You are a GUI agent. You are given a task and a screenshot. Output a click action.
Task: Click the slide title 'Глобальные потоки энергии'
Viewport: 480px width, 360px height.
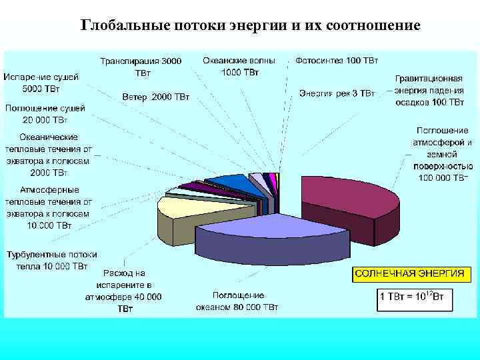coord(250,26)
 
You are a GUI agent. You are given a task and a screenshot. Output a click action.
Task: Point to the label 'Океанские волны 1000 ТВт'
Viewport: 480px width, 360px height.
coord(241,65)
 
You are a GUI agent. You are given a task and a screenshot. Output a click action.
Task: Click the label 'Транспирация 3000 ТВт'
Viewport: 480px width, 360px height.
coord(141,66)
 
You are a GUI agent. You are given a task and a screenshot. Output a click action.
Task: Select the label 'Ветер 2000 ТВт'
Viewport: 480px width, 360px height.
coord(156,98)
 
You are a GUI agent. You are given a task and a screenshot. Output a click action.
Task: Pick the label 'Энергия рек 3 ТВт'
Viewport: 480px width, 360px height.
coord(337,93)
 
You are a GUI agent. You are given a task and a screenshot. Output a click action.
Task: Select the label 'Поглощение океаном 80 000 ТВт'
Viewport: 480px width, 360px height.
coord(237,301)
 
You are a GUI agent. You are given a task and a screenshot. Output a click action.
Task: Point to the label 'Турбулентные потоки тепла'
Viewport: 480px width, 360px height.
coord(51,261)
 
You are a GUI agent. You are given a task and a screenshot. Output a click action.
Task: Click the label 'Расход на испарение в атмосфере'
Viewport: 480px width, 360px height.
coord(124,291)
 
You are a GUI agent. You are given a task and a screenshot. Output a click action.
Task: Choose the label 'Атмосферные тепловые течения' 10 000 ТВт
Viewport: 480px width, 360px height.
coord(48,207)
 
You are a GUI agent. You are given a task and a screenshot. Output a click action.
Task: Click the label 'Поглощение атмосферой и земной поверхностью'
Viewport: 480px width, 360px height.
coord(442,154)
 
